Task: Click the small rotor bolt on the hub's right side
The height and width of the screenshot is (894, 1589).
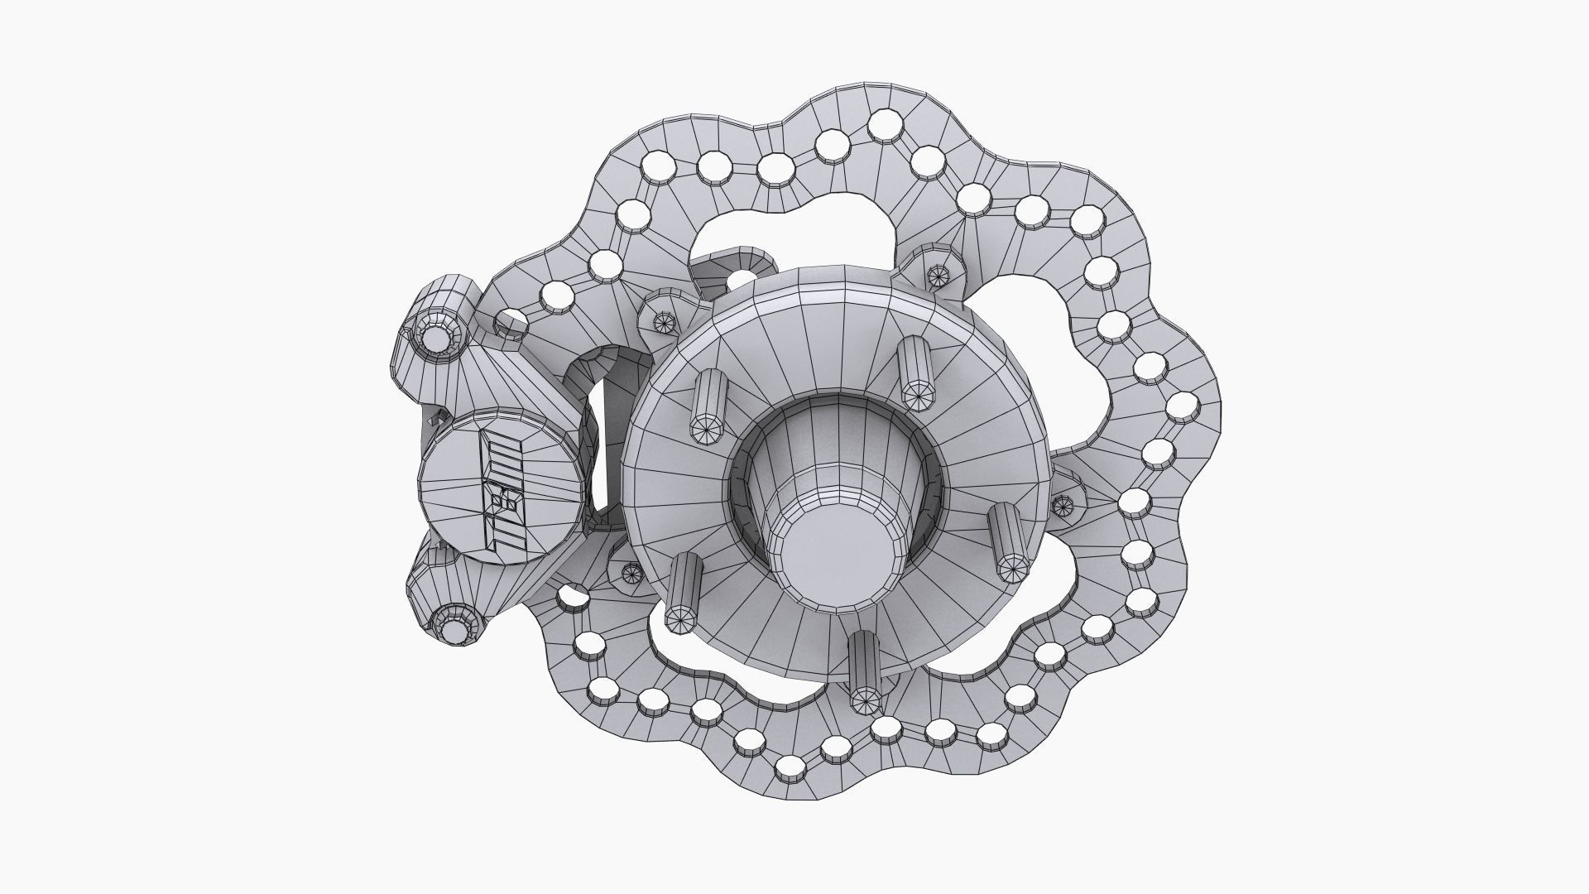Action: [x=1063, y=502]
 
